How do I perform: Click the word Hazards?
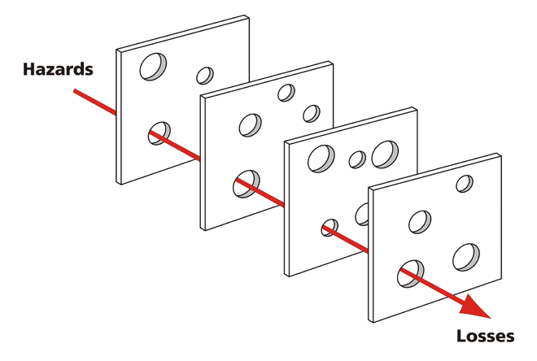pos(58,69)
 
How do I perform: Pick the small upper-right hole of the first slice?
pos(205,76)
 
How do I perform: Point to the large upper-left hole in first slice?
pos(152,67)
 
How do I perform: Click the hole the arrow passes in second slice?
pos(246,184)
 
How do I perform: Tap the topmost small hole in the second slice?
pos(286,93)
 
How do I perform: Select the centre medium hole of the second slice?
pos(251,124)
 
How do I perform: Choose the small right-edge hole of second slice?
pos(311,113)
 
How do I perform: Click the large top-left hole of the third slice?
pos(321,158)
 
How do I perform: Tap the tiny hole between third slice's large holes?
pos(357,159)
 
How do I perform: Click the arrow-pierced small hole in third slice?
pos(330,227)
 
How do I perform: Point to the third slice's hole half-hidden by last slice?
pos(362,214)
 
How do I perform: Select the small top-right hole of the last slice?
pos(464,184)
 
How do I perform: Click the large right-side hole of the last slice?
pos(467,255)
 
